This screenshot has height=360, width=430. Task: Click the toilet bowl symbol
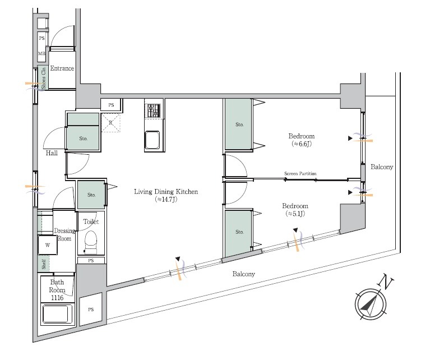91,242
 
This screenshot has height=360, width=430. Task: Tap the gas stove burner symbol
153,111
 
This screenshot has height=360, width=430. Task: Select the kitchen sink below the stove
152,140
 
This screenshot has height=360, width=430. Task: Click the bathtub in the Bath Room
58,314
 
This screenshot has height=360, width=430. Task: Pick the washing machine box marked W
48,245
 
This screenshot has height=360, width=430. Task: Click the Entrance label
62,68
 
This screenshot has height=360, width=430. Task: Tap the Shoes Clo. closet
43,78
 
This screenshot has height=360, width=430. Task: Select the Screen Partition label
300,173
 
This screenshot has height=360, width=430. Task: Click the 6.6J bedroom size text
302,144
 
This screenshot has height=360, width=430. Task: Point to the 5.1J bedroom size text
295,214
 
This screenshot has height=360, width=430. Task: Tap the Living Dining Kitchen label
166,192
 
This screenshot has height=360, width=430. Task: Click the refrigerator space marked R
111,123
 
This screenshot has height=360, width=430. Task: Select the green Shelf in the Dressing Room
44,264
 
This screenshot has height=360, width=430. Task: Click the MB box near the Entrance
41,53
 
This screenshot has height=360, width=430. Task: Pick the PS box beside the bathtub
91,309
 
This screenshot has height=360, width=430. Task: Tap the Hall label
52,153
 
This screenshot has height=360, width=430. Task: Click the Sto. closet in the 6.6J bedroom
238,124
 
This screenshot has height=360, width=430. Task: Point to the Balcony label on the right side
382,167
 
